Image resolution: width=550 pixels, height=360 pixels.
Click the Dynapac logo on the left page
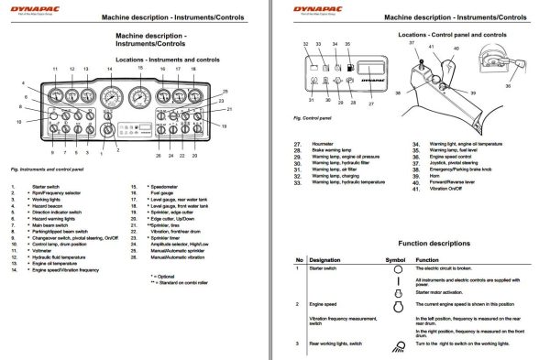(30, 10)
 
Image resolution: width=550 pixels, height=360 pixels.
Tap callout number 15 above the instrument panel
(140, 68)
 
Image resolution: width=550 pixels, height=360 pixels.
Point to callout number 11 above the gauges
(55, 70)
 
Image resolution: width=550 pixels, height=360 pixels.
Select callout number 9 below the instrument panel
(51, 152)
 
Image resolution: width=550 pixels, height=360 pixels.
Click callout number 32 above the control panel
(305, 44)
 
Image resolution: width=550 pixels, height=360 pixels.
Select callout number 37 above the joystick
(412, 43)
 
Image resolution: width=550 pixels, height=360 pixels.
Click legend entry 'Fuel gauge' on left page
(161, 192)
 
